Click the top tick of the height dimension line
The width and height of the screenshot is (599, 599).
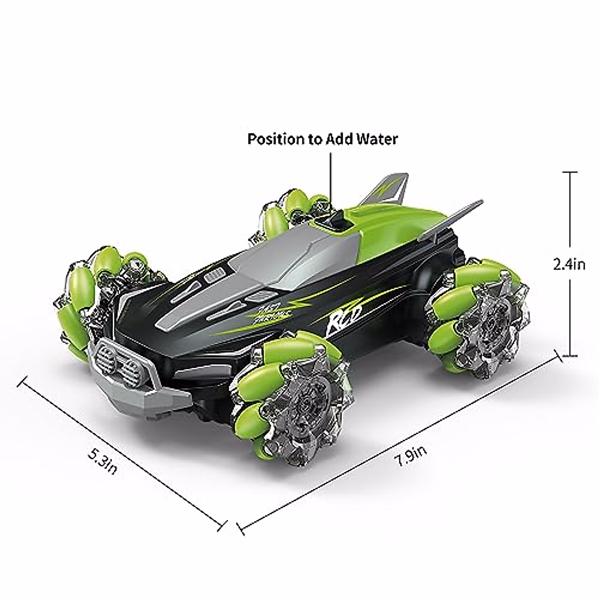(x=570, y=172)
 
